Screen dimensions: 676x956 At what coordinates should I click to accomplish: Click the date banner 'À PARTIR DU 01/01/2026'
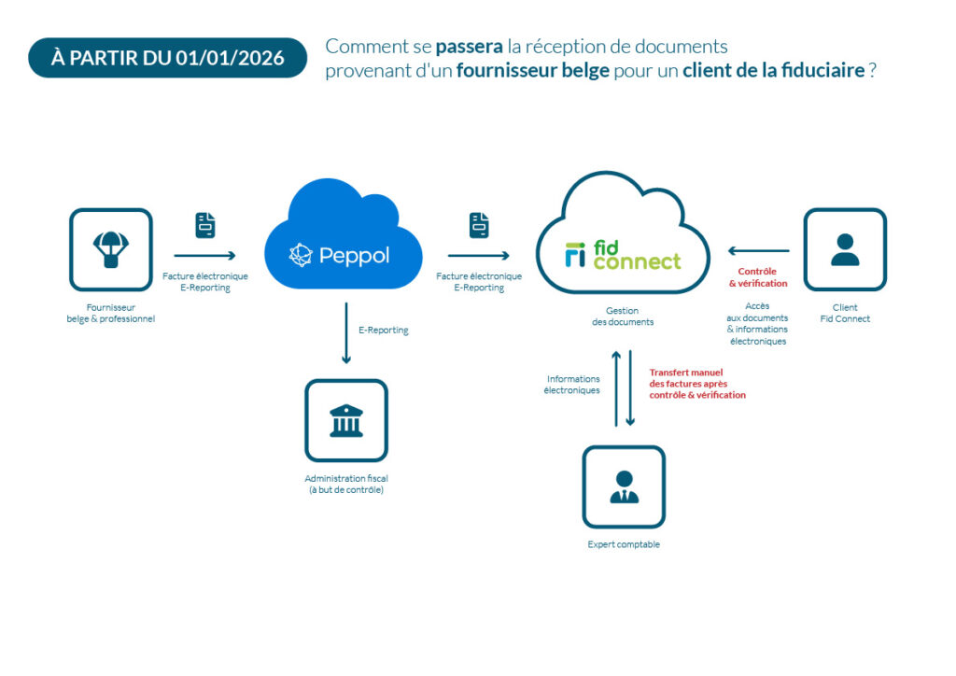pyautogui.click(x=168, y=58)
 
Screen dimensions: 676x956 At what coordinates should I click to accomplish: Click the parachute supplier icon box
pyautogui.click(x=111, y=249)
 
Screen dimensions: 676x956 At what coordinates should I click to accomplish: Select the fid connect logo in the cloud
pyautogui.click(x=623, y=255)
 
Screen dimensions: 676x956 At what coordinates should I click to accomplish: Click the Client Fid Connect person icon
pyautogui.click(x=845, y=249)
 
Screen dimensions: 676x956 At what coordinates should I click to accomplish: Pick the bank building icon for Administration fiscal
pyautogui.click(x=346, y=420)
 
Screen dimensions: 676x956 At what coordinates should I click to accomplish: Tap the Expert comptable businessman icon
pyautogui.click(x=624, y=486)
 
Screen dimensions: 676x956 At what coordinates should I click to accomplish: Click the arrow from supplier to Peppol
pyautogui.click(x=204, y=255)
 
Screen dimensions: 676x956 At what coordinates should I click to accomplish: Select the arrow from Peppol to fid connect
pyautogui.click(x=478, y=255)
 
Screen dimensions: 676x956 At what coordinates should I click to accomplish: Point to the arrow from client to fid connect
pyautogui.click(x=758, y=250)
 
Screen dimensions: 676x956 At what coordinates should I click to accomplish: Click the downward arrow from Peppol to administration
pyautogui.click(x=346, y=332)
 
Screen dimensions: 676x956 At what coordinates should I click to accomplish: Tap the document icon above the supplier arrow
pyautogui.click(x=205, y=225)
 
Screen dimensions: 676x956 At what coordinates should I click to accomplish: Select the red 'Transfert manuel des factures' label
pyautogui.click(x=697, y=383)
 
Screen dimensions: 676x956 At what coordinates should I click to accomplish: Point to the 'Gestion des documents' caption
pyautogui.click(x=623, y=317)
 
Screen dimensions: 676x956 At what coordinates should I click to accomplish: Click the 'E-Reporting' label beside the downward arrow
pyautogui.click(x=383, y=330)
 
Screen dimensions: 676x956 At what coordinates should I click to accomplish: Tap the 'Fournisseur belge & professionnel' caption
pyautogui.click(x=111, y=313)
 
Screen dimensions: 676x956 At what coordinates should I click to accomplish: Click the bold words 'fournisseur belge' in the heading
pyautogui.click(x=532, y=71)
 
